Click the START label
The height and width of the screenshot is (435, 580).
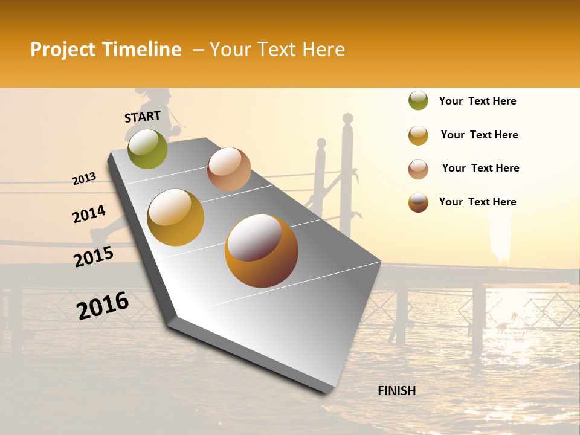pyautogui.click(x=143, y=117)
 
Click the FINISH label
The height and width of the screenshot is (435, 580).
pyautogui.click(x=396, y=391)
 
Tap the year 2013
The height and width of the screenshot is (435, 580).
pyautogui.click(x=84, y=179)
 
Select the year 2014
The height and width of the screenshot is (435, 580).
pyautogui.click(x=89, y=214)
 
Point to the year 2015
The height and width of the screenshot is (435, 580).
pyautogui.click(x=94, y=257)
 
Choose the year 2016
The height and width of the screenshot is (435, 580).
pyautogui.click(x=103, y=305)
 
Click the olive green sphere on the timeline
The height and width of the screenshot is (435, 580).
pyautogui.click(x=148, y=149)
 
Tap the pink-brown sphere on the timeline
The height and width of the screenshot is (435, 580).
pyautogui.click(x=229, y=169)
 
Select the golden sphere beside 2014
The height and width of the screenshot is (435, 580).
pyautogui.click(x=176, y=217)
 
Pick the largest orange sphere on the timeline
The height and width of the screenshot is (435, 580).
pyautogui.click(x=262, y=251)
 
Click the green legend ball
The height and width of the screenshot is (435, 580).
pyautogui.click(x=418, y=100)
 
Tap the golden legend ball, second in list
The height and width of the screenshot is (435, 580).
pyautogui.click(x=418, y=135)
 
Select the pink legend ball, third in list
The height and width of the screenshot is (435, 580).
pyautogui.click(x=418, y=169)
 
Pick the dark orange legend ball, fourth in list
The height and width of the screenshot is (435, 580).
pyautogui.click(x=418, y=202)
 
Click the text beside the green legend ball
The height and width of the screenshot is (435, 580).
pyautogui.click(x=477, y=101)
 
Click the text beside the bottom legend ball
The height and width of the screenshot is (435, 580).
pyautogui.click(x=477, y=202)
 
